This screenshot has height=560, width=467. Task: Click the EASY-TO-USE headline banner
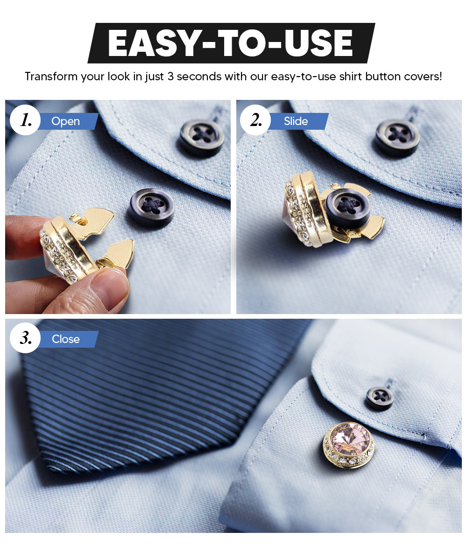231,43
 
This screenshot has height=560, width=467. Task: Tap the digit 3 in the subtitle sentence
170,77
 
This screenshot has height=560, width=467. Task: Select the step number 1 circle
25,120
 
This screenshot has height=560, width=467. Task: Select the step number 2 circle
255,120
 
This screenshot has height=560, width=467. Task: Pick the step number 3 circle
25,338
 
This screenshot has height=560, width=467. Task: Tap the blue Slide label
296,121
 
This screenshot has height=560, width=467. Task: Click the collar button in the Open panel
202,138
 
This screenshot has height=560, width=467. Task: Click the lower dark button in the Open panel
152,208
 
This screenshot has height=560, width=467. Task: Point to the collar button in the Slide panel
398,138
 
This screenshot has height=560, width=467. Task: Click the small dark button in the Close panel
380,398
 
